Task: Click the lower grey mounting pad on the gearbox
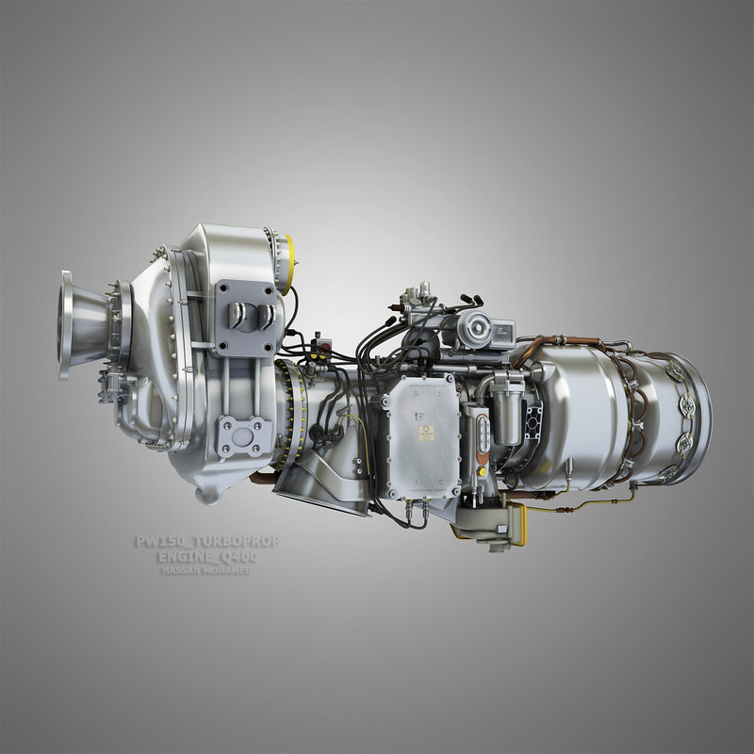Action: click(x=246, y=436)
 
